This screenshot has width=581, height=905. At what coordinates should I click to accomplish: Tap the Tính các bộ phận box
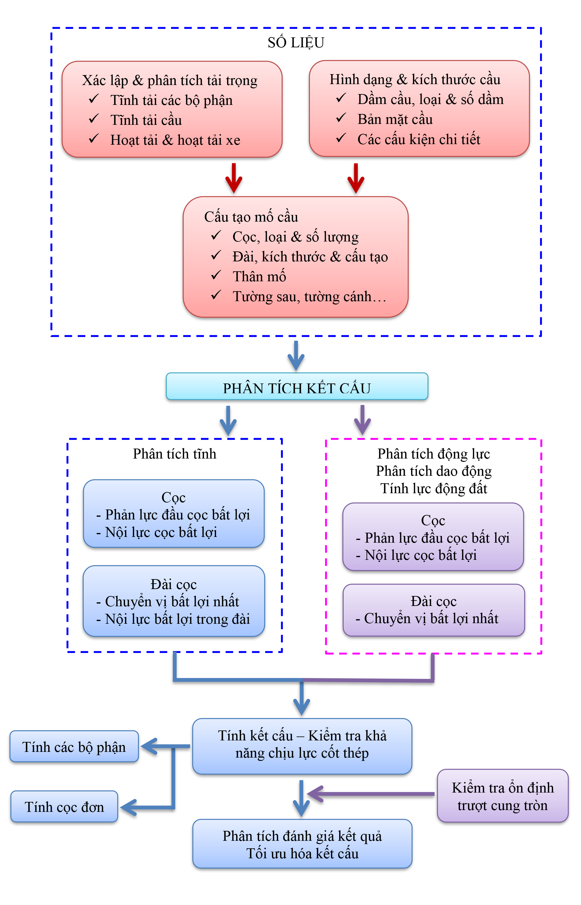coord(74,746)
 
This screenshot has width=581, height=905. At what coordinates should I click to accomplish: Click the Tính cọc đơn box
coord(64,806)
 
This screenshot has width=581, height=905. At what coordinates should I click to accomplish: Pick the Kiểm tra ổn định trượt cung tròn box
coord(502,796)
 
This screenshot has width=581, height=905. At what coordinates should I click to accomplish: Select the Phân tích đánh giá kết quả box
coord(302,844)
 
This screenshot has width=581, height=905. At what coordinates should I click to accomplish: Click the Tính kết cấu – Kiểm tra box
coord(302,744)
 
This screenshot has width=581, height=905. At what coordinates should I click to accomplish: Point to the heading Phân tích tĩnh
coord(174,453)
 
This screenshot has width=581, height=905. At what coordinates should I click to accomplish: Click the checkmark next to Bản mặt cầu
coord(341,118)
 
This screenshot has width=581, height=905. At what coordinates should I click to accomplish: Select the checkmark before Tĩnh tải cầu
coord(94,119)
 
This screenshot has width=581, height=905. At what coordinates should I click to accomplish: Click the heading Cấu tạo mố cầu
coord(251,217)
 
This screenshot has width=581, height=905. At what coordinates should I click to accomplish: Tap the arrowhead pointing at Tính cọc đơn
coord(127,808)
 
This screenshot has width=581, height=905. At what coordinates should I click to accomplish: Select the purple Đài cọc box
coord(433,610)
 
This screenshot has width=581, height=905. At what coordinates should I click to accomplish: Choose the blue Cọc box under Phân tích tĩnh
coord(173,513)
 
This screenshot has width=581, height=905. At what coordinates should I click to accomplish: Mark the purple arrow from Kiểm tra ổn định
coord(370,794)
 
